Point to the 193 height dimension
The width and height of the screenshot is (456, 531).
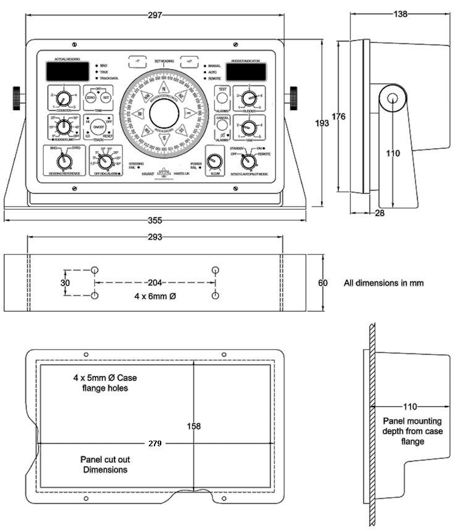[322, 123]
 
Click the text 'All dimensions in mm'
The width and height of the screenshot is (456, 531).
[383, 283]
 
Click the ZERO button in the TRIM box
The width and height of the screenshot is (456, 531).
[91, 98]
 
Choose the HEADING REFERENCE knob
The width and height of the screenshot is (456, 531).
[62, 162]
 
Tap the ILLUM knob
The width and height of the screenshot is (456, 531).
[214, 162]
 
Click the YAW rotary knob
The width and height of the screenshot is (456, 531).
[248, 128]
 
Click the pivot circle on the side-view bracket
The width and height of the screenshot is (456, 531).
[392, 97]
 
